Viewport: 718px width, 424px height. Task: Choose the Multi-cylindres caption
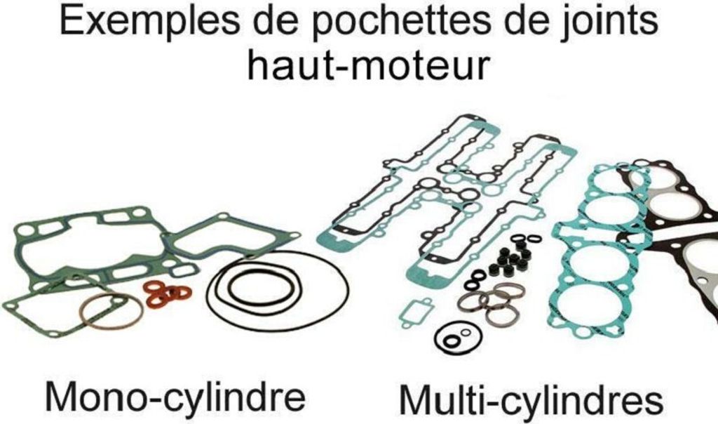point(531,399)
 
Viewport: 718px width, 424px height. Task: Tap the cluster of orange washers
point(167,293)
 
